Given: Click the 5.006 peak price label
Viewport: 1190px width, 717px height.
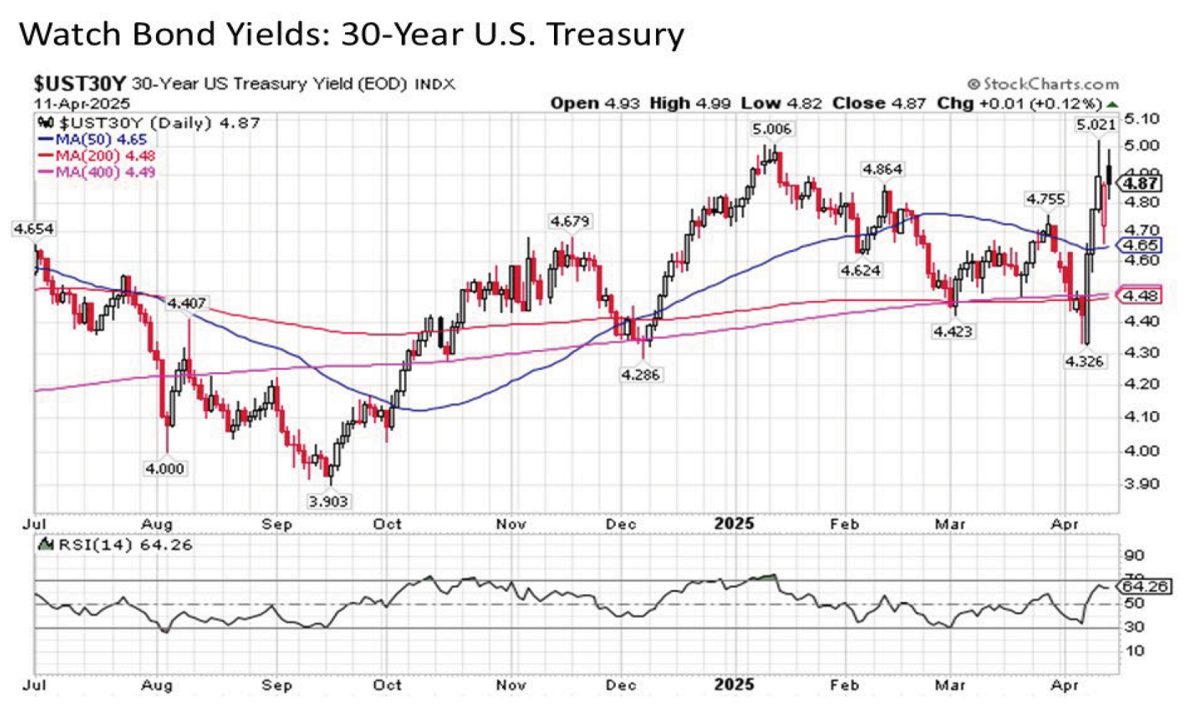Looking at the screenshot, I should [x=772, y=129].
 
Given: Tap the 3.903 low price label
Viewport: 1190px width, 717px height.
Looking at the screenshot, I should [x=328, y=501].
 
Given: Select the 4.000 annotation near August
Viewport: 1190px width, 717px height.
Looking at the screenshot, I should [x=165, y=468].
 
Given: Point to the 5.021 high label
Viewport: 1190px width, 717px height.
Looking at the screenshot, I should [x=1095, y=125].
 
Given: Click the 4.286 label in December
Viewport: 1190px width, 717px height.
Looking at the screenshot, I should [x=640, y=374].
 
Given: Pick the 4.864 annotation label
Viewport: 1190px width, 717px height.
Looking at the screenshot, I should [x=882, y=170].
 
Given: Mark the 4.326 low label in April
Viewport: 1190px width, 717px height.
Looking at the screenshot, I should [x=1084, y=361].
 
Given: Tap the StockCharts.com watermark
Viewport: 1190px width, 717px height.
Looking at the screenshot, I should [x=1043, y=84].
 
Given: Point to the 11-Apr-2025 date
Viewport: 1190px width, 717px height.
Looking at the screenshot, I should [x=81, y=102].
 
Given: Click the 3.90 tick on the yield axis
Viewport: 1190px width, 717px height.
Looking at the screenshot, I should [x=1141, y=483].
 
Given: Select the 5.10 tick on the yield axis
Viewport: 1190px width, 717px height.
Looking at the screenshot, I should [x=1141, y=119].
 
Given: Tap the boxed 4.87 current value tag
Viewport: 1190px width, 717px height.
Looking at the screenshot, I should [x=1140, y=183].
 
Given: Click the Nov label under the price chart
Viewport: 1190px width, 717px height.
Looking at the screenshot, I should [x=511, y=524].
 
